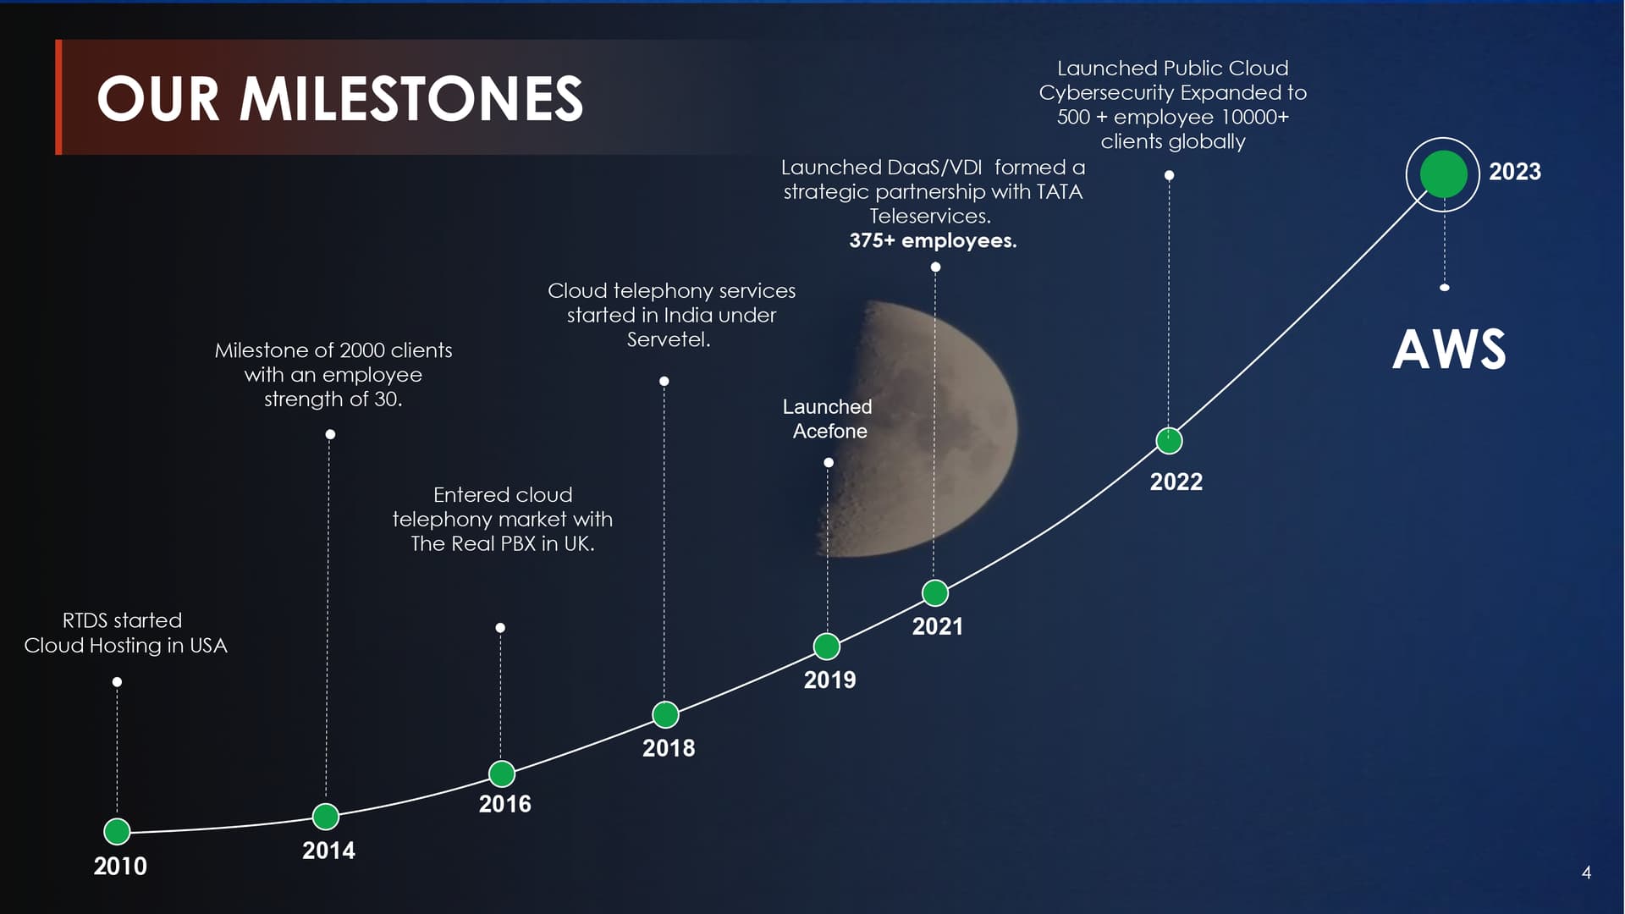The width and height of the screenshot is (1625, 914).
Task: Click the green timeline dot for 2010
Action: pyautogui.click(x=117, y=831)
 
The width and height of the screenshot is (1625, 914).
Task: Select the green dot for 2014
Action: pyautogui.click(x=326, y=817)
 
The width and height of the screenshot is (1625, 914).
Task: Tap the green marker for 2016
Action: pyautogui.click(x=502, y=774)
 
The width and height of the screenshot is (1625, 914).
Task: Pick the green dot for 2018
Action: pyautogui.click(x=666, y=715)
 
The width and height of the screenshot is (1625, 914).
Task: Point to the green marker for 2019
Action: pyautogui.click(x=827, y=647)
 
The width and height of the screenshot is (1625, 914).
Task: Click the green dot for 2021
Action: pyautogui.click(x=935, y=593)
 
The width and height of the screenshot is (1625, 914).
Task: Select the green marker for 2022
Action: pyautogui.click(x=1170, y=441)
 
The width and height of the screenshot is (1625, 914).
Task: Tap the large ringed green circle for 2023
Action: pyautogui.click(x=1443, y=174)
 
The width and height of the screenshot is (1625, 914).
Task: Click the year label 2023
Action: pyautogui.click(x=1515, y=172)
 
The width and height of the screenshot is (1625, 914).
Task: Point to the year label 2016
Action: pyautogui.click(x=505, y=804)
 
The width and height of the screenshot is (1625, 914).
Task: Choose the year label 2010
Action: pyautogui.click(x=120, y=867)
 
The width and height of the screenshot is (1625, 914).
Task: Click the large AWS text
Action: pyautogui.click(x=1450, y=350)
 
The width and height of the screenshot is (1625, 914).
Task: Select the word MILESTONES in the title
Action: pyautogui.click(x=411, y=99)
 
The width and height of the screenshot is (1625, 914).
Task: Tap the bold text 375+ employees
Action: pyautogui.click(x=933, y=241)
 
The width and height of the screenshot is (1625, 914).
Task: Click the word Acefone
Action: pyautogui.click(x=830, y=432)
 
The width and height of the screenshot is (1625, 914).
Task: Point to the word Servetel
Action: pyautogui.click(x=669, y=340)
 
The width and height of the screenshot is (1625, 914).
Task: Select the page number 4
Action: pyautogui.click(x=1587, y=873)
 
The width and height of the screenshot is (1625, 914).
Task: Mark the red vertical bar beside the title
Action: pyautogui.click(x=58, y=97)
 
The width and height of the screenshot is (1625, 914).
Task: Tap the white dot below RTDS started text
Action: pyautogui.click(x=117, y=682)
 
